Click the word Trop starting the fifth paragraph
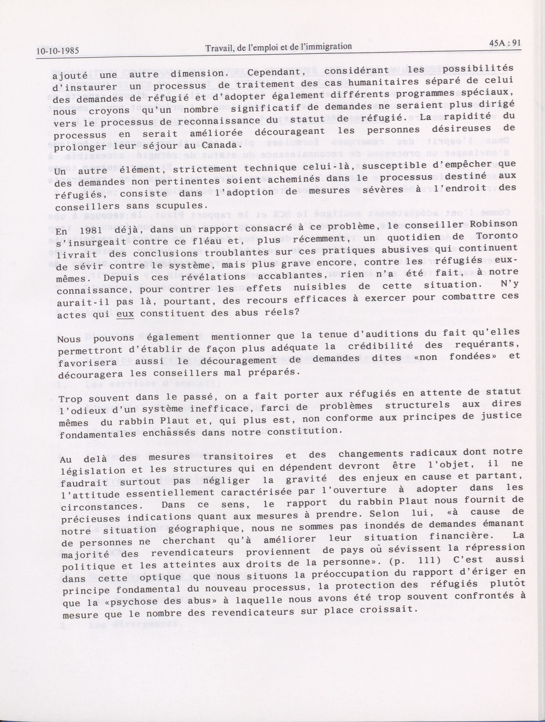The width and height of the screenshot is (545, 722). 72,399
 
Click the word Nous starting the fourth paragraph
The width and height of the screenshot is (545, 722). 69,339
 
